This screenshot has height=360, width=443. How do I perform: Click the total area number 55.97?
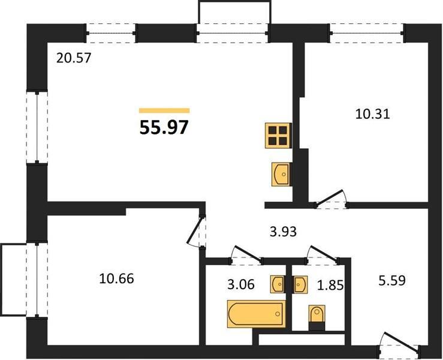(x=164, y=127)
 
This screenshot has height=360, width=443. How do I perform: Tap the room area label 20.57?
(x=74, y=58)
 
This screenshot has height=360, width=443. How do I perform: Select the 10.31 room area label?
(x=372, y=114)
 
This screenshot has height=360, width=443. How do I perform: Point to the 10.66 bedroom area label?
(x=116, y=279)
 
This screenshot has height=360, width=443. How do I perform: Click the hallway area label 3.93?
(x=283, y=232)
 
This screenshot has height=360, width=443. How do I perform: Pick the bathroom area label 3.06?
(x=241, y=284)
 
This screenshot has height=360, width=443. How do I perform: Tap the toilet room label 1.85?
(x=330, y=286)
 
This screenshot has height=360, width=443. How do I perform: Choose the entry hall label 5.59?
(x=392, y=281)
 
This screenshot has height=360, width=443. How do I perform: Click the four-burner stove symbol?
(x=278, y=136)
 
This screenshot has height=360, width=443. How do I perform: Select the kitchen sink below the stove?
(x=281, y=174)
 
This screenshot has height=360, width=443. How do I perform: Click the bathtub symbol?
(x=256, y=314)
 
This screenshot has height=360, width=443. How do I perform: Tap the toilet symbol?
(x=317, y=317)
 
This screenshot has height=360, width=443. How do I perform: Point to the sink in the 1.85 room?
(x=299, y=284)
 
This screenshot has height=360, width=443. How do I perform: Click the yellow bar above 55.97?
(x=164, y=110)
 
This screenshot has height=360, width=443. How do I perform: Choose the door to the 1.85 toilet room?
(x=324, y=254)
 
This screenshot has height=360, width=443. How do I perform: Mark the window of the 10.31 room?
(x=367, y=33)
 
